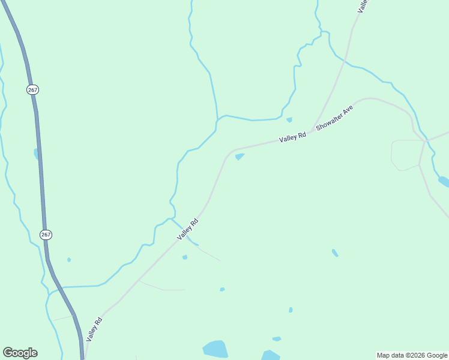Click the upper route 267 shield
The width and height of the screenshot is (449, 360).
pos(33,89)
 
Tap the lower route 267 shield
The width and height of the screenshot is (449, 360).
pos(46,234)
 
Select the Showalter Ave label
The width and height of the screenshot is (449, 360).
pos(334,120)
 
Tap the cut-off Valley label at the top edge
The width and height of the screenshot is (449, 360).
pos(362,6)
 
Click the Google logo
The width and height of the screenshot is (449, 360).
pos(20,353)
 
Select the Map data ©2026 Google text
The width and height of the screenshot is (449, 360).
pos(412,355)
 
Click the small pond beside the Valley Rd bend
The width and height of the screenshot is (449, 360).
pos(240,157)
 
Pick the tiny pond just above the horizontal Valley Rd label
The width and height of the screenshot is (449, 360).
pos(289,119)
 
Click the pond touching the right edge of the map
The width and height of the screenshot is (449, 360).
pos(444,181)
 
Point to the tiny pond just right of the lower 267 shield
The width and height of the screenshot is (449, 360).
pos(69,260)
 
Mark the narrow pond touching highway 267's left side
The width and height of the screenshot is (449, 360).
pos(36,154)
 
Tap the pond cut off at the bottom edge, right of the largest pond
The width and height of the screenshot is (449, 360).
pos(270,355)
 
